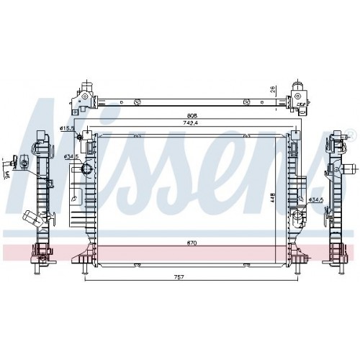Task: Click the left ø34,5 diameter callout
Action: (71, 156)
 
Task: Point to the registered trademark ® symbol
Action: (350, 135)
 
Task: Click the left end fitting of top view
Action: (87, 95)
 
